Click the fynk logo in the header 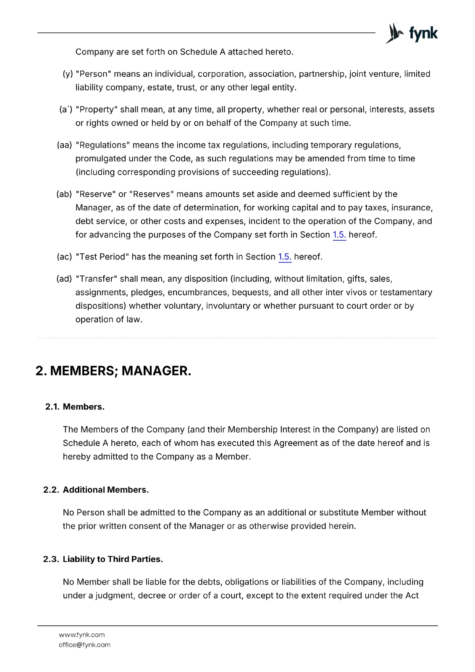(412, 33)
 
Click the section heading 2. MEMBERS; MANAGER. (113, 371)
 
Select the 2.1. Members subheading (75, 407)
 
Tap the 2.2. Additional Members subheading (96, 490)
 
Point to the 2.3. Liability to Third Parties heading (103, 559)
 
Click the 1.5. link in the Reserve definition (339, 235)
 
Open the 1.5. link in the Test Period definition (284, 257)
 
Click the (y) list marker (68, 74)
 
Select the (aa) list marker (65, 145)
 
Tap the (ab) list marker (64, 194)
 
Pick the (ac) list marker (65, 257)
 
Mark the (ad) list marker (64, 279)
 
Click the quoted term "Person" (93, 74)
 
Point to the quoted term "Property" (97, 110)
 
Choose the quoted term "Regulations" (102, 145)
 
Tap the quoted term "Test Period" (102, 257)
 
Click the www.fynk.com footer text (82, 635)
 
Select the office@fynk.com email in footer (84, 645)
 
